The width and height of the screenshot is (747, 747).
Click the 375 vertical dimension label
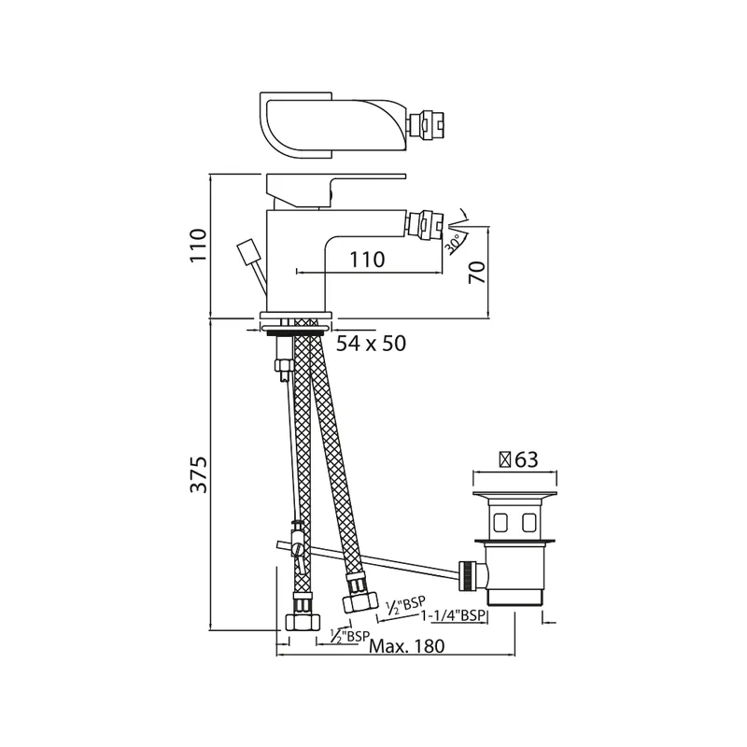pos(199,474)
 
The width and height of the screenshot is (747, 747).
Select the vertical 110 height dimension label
pos(199,245)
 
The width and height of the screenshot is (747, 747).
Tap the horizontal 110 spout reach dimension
pos(367,260)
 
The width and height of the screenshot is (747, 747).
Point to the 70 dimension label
pos(478,273)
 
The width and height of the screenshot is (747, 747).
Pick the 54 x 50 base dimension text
pos(371,343)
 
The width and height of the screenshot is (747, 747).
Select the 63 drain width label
pos(527,459)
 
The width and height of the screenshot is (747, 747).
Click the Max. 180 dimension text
pos(407,646)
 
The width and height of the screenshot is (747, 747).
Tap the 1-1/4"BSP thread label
pos(453,615)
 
